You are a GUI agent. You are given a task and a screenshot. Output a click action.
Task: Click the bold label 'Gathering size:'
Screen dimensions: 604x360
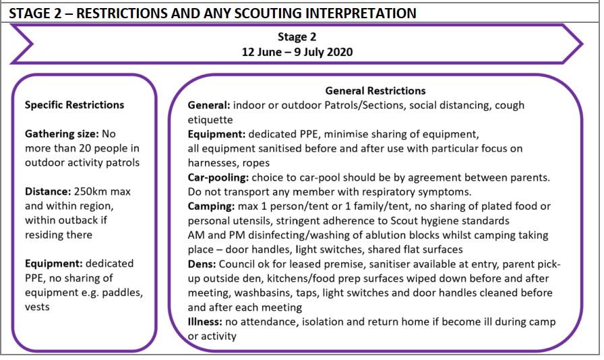coord(61,134)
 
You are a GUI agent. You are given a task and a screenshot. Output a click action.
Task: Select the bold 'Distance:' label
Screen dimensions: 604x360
coord(48,191)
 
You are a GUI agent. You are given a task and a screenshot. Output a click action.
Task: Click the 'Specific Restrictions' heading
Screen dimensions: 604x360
coord(74,105)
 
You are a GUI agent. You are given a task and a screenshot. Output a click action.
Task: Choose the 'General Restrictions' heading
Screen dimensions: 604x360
coord(375,90)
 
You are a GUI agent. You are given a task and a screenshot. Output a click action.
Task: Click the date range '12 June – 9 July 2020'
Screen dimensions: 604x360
coord(297,52)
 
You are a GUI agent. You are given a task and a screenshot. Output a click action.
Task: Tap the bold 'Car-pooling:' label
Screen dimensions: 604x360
coord(218,178)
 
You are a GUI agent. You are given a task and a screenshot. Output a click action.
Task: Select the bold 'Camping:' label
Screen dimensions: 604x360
coord(211,206)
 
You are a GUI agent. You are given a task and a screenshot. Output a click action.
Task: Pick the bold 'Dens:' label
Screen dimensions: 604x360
coord(202,264)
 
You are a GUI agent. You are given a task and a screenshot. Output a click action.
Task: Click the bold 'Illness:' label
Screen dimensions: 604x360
coord(205,322)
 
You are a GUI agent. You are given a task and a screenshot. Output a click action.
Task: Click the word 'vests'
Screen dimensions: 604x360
coord(37,307)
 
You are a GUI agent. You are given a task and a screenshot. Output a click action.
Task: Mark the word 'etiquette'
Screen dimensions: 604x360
coord(210,120)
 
